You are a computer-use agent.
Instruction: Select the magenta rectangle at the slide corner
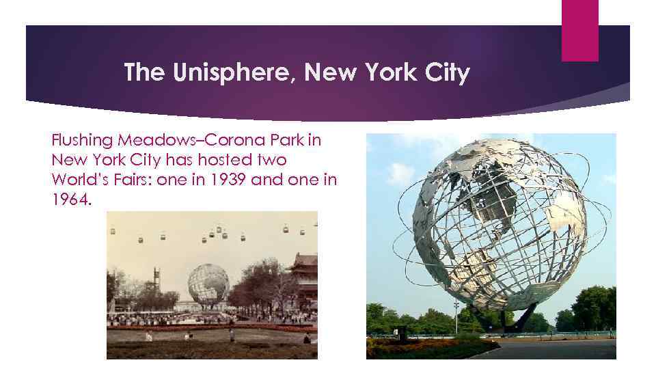[x=579, y=30]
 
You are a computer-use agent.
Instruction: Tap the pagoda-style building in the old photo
[x=305, y=271]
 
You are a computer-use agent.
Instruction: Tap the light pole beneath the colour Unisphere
[x=456, y=315]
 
